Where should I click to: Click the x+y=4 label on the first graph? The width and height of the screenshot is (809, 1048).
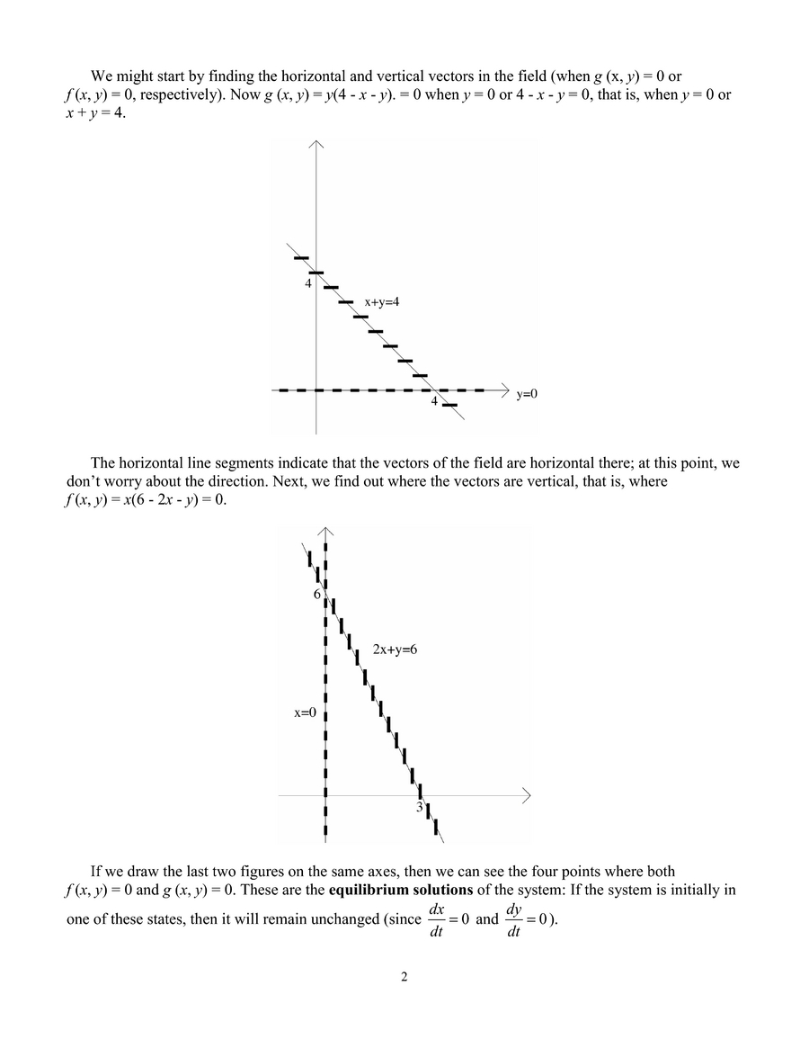tap(381, 302)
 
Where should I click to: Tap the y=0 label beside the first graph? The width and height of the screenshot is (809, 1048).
tap(527, 394)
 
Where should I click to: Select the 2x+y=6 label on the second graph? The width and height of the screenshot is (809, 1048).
tap(396, 649)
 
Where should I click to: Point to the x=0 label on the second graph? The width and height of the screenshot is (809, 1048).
tap(306, 712)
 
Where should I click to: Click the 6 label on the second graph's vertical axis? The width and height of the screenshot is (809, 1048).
tap(316, 595)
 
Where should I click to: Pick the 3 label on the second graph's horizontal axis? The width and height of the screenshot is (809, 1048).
tap(419, 808)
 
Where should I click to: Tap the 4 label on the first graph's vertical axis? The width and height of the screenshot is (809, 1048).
tap(307, 283)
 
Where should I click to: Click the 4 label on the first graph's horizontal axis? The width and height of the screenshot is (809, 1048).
tap(434, 401)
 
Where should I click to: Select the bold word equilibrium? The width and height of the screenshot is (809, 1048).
tap(367, 891)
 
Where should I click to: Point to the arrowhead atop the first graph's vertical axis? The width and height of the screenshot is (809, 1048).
tap(316, 144)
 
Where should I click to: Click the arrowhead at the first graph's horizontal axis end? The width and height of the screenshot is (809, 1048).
tap(504, 390)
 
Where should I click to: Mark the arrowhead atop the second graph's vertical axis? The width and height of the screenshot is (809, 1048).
tap(325, 532)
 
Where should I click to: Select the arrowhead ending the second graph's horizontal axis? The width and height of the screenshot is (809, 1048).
tap(527, 795)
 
